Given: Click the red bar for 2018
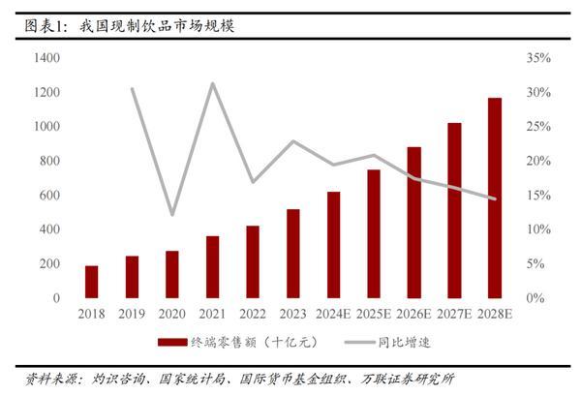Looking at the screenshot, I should pos(91,281).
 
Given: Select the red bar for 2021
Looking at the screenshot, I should pos(212,266).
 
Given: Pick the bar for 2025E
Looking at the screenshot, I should pos(373,233).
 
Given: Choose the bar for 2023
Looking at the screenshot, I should pos(292,253).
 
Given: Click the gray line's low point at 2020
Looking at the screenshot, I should pos(171,214).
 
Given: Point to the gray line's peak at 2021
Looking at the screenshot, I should pos(212,83).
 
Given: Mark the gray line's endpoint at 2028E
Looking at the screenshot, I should pos(495,198).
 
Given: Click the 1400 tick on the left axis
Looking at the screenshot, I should pos(46,59).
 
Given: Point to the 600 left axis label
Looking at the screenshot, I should pos(49,196).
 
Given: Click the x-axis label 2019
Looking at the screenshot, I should pos(132,315).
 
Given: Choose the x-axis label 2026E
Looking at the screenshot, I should pos(413,315).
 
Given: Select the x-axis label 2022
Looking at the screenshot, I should pos(252,315).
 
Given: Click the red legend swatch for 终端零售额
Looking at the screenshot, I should pos(171,341).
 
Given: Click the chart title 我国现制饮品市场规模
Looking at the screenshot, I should pos(157,26).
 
